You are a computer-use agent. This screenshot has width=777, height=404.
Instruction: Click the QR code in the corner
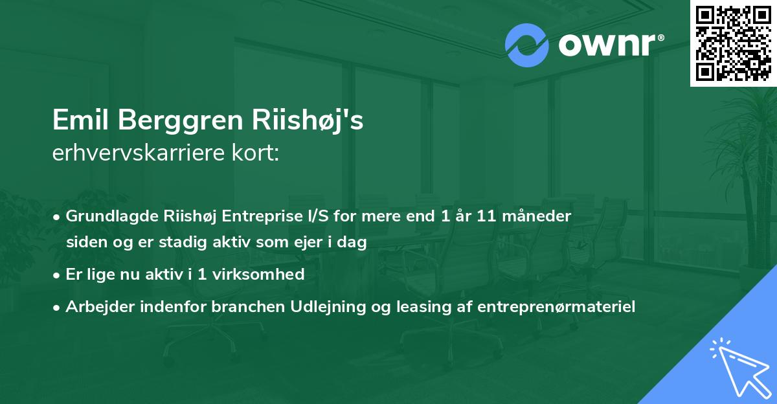click(733, 43)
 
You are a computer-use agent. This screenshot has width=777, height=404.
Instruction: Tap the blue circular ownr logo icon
click(528, 45)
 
